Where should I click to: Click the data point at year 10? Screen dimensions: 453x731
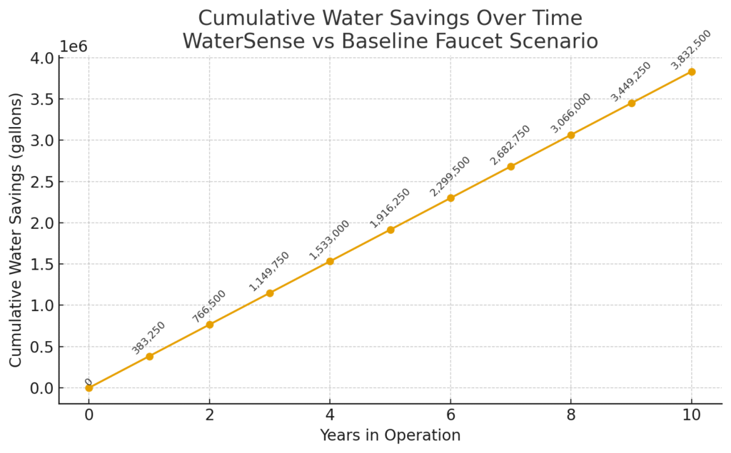(691, 71)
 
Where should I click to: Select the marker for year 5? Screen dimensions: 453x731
(390, 230)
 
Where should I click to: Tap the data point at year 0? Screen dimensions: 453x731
(89, 388)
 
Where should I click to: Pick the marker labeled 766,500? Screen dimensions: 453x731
(210, 325)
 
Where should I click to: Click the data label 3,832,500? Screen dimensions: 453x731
(691, 49)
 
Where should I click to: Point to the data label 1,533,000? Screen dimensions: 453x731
(329, 240)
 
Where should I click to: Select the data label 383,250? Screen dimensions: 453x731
(148, 337)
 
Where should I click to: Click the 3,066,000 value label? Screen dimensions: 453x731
(570, 113)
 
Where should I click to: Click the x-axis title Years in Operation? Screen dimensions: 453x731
(390, 435)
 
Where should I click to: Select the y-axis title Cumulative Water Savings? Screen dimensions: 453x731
(16, 230)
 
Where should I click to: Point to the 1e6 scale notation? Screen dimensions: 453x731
(74, 46)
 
